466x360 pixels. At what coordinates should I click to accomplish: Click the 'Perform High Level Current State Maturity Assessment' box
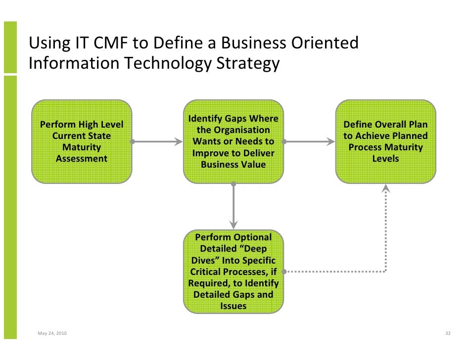pos(82,141)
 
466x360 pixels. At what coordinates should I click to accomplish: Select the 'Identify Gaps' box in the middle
pos(233,141)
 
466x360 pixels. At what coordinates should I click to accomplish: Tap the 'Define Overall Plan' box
pos(386,141)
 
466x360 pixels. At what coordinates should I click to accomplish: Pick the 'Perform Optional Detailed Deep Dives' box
pos(233,271)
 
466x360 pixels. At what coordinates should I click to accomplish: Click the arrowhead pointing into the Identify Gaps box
pos(178,142)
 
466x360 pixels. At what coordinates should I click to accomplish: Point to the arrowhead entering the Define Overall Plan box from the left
pos(330,142)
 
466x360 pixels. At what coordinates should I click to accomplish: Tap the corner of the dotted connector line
pos(386,271)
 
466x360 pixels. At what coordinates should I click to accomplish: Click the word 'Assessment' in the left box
pos(82,159)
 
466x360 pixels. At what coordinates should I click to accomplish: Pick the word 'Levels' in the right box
pos(386,159)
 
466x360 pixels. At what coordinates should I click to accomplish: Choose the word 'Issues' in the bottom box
pos(233,306)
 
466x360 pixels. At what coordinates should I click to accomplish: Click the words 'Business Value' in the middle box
pos(233,165)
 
